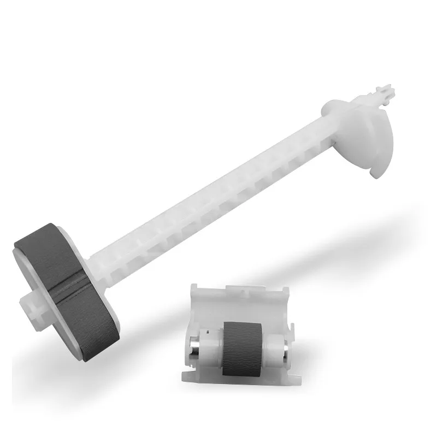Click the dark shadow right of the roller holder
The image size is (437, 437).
click(x=328, y=350)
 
